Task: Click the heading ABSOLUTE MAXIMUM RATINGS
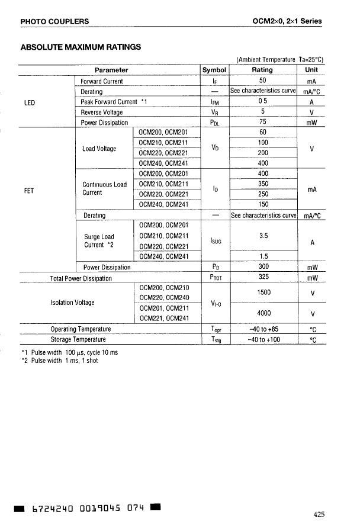coord(81,47)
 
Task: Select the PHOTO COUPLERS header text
coord(54,22)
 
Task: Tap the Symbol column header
coord(214,70)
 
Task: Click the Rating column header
coord(262,70)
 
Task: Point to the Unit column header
coord(310,70)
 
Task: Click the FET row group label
coord(28,191)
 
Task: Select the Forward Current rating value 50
coord(263,81)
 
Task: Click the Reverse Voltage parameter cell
coord(102,112)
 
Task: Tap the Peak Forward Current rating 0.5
coord(263,101)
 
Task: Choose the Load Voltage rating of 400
coord(263,163)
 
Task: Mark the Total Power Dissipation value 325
coord(263,276)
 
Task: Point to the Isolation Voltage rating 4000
coord(263,313)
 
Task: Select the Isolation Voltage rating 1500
coord(263,293)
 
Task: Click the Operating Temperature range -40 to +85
coord(263,329)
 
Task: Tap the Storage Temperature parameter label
coord(78,339)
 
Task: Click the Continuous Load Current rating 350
coord(263,184)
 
